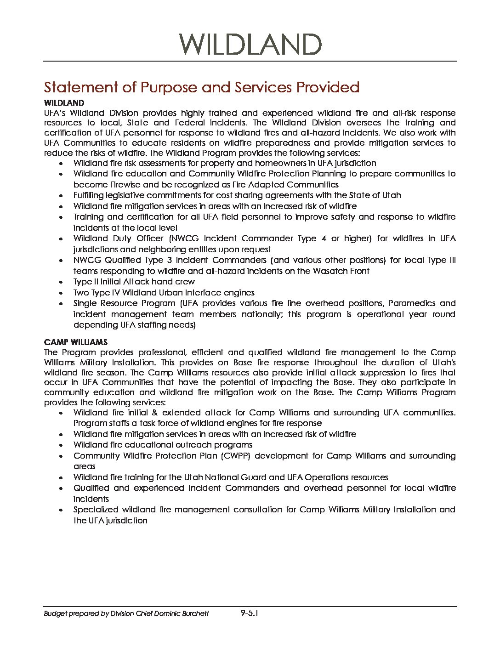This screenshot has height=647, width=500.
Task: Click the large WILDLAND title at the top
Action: pos(250,45)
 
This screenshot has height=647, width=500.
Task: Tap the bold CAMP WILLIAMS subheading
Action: pos(76,342)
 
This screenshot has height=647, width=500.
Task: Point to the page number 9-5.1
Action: pos(250,613)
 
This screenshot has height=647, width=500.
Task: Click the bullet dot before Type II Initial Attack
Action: pos(62,282)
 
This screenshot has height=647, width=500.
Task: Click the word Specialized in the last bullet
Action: pos(96,510)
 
